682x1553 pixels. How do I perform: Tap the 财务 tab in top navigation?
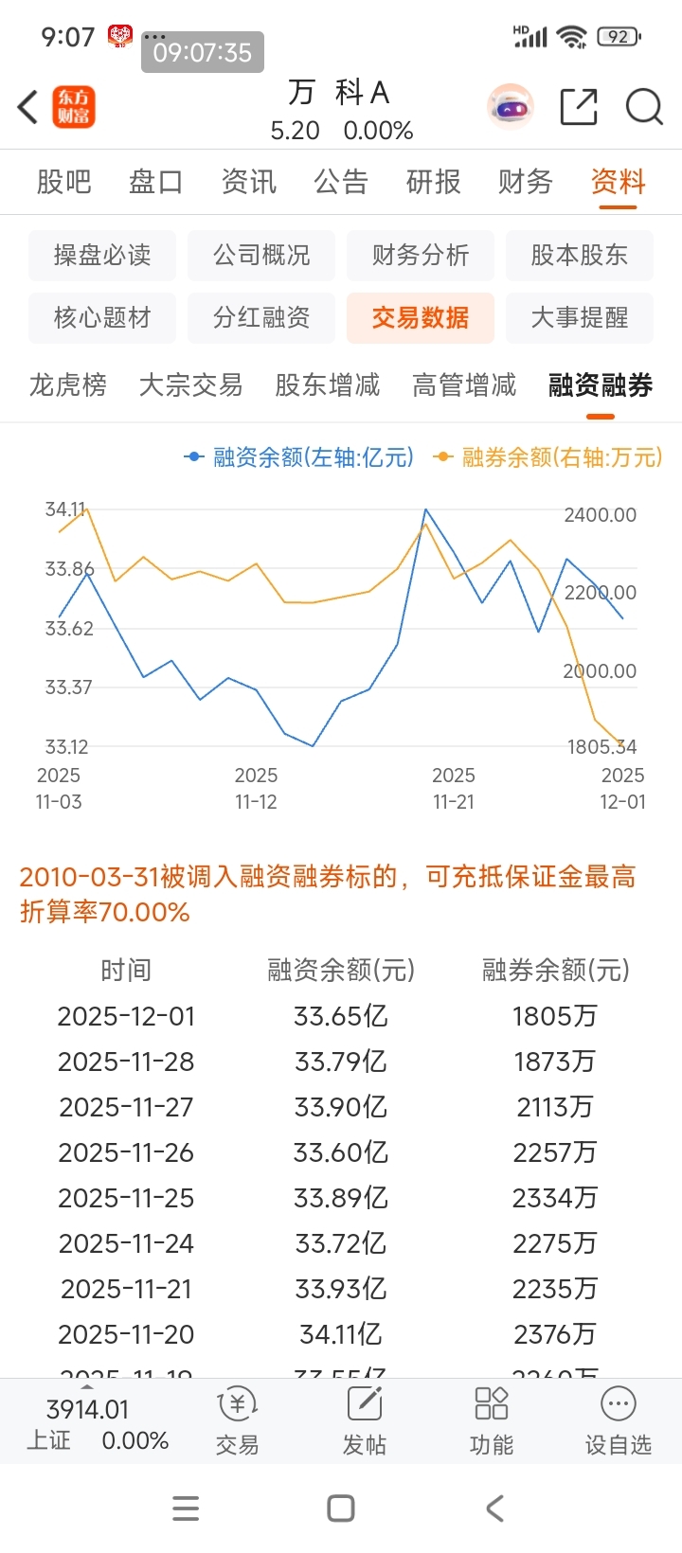click(x=525, y=181)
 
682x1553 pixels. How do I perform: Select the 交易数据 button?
click(x=420, y=317)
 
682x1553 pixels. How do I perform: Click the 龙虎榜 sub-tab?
click(x=68, y=384)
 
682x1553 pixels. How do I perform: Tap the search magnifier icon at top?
click(x=644, y=107)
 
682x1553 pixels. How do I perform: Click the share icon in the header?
click(x=579, y=107)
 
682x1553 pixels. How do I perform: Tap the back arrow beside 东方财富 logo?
click(x=28, y=107)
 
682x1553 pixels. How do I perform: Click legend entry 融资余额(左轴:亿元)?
click(x=301, y=457)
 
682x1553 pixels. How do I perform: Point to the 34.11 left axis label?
click(x=65, y=509)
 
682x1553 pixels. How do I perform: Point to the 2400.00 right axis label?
click(x=600, y=515)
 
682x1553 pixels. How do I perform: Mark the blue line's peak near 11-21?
click(x=425, y=510)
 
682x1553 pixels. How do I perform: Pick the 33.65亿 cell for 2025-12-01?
click(x=341, y=1016)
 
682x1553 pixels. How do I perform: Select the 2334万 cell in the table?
click(x=555, y=1198)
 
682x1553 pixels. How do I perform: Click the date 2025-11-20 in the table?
click(x=126, y=1334)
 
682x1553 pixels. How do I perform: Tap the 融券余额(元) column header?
click(x=556, y=970)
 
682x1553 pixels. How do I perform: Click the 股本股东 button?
click(x=579, y=255)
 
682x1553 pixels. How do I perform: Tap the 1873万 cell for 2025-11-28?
click(x=555, y=1062)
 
